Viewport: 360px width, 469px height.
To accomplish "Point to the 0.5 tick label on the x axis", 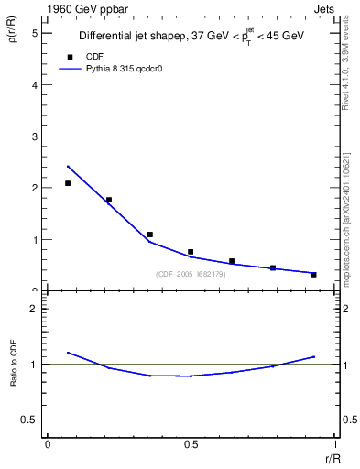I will tap(191, 444).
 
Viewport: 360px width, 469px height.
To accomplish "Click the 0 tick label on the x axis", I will tap(48, 444).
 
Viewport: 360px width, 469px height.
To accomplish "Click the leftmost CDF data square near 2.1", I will tap(68, 183).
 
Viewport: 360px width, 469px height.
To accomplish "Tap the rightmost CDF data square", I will tap(313, 275).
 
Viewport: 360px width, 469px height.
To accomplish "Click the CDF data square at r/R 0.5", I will tap(191, 252).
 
